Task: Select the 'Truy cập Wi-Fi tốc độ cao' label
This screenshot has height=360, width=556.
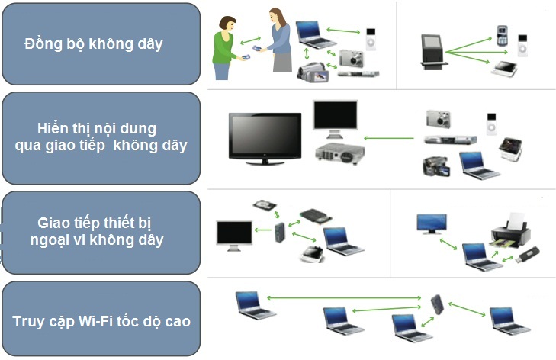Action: coord(101,320)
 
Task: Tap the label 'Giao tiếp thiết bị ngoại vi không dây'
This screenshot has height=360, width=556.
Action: coord(101,232)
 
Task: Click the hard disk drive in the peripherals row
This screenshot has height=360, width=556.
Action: coord(264,207)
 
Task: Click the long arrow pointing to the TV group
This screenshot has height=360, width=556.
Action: coord(390,138)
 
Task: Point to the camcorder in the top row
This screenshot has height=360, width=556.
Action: coord(313,73)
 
